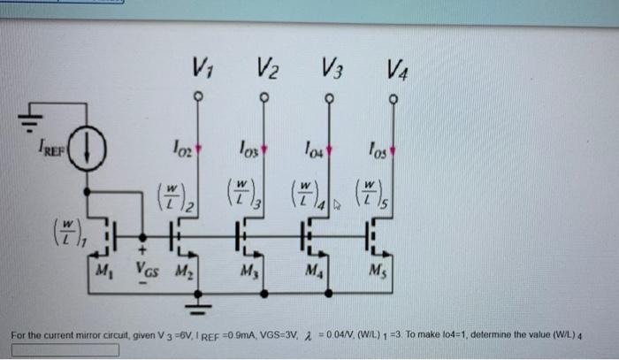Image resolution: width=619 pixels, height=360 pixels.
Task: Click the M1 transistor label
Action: point(109,269)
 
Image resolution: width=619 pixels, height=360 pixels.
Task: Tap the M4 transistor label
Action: point(314,269)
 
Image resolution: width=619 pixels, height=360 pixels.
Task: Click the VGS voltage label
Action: point(149,269)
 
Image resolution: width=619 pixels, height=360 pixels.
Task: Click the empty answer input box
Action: point(66,349)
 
